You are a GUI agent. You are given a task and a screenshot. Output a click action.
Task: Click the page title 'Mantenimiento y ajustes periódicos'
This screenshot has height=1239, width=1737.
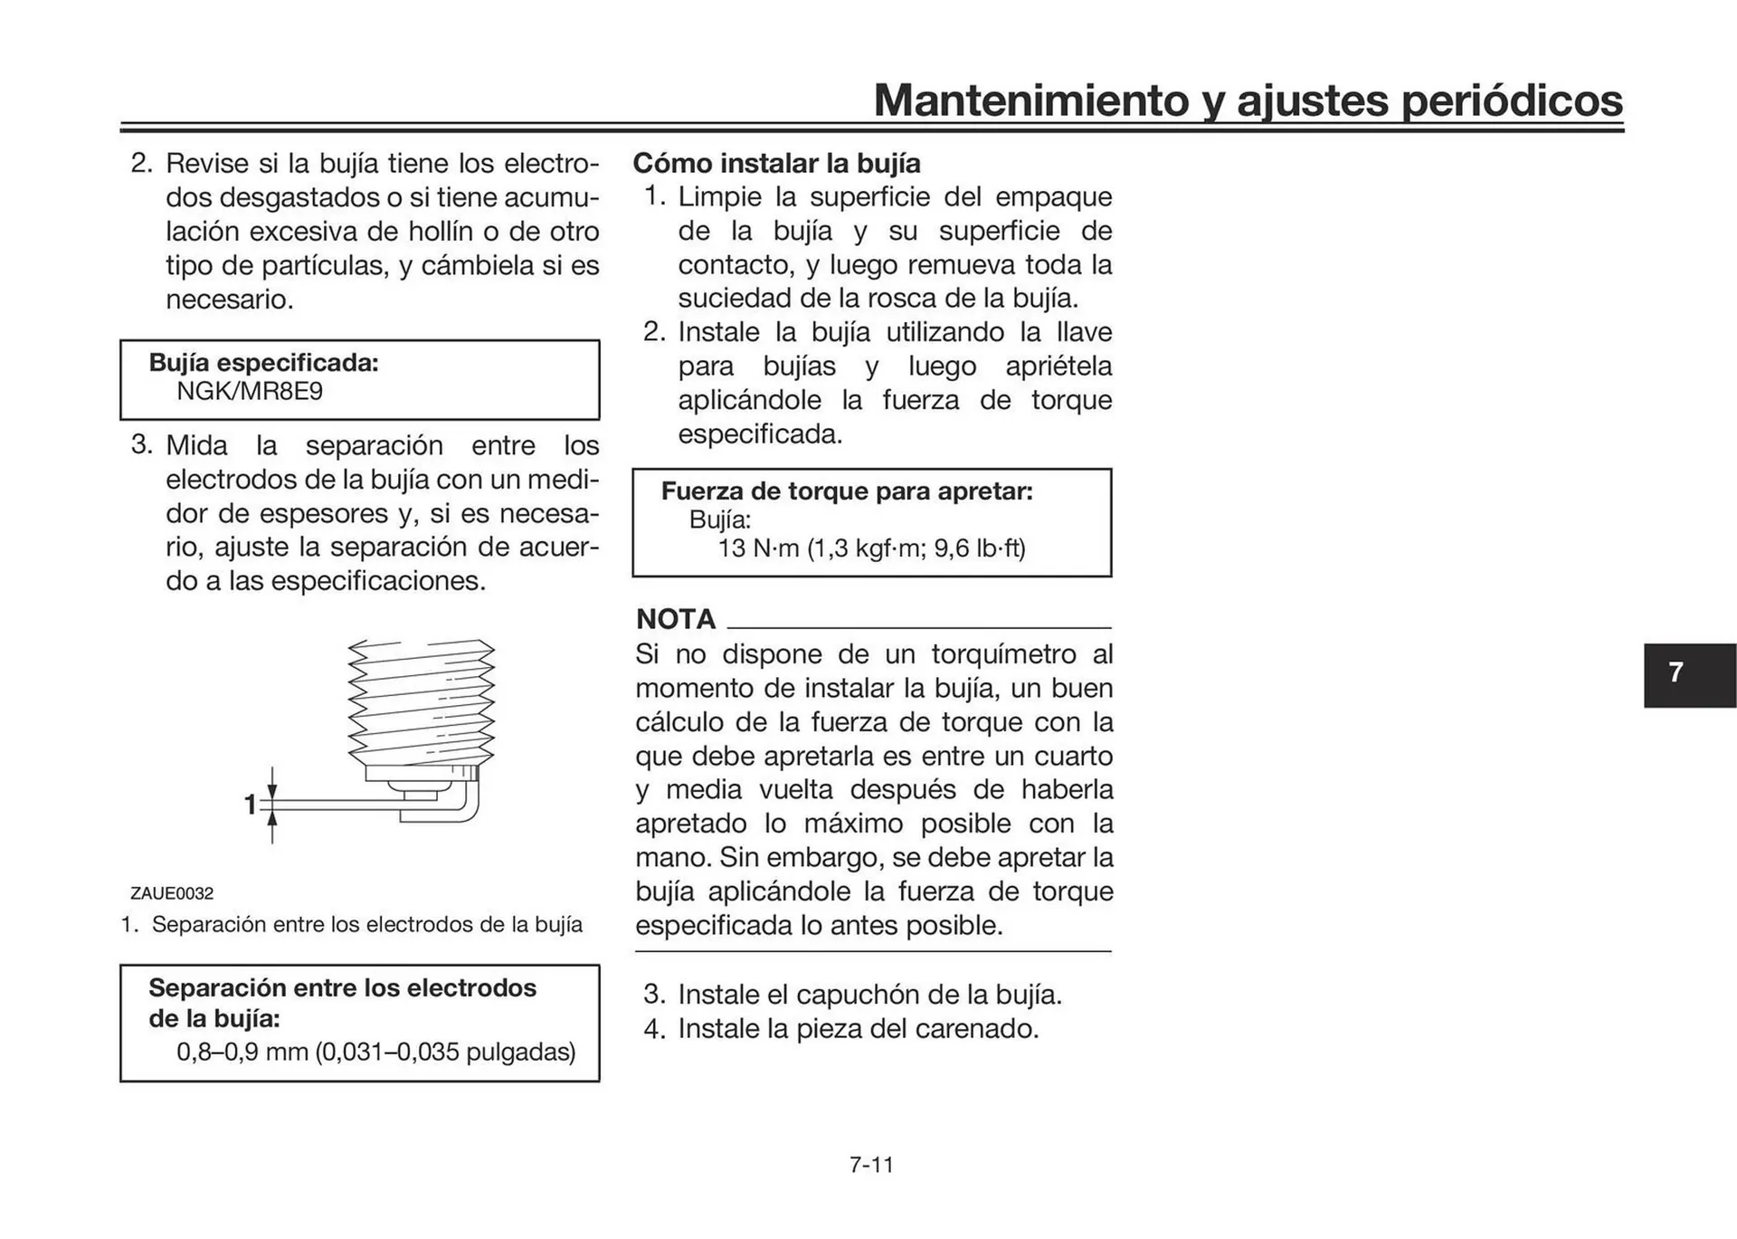[x=1248, y=100]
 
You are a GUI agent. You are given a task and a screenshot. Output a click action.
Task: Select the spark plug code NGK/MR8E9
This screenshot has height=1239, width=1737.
[x=250, y=392]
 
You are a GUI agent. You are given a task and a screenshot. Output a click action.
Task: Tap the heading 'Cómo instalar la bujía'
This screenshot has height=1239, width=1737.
[x=776, y=164]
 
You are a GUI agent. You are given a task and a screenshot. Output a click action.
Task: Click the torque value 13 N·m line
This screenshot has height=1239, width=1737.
[x=871, y=548]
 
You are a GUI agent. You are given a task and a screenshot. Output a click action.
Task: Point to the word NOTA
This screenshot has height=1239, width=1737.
[x=676, y=619]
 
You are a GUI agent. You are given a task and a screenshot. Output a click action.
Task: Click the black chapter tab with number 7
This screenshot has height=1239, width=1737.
[x=1688, y=674]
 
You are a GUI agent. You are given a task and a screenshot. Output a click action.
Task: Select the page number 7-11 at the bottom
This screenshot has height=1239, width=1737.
[x=871, y=1165]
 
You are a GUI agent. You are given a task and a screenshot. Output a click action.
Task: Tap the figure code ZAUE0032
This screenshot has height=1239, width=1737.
[x=172, y=893]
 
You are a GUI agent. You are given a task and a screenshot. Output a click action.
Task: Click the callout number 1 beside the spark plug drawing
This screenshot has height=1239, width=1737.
[x=251, y=805]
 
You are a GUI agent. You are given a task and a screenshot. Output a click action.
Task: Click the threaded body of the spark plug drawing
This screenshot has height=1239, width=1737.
[x=421, y=701]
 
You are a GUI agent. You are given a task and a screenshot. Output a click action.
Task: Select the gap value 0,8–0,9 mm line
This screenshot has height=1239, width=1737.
[x=375, y=1052]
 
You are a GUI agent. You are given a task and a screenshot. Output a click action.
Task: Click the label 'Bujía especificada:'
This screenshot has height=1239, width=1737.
[x=263, y=363]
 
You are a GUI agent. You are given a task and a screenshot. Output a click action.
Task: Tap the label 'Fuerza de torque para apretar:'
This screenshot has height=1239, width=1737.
[x=847, y=491]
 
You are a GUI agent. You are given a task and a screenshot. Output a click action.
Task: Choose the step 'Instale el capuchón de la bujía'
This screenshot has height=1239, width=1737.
[x=868, y=995]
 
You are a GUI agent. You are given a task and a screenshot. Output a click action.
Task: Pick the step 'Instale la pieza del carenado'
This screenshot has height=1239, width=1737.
[x=858, y=1029]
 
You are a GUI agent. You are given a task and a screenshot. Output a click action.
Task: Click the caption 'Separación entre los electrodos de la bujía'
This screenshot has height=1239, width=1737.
[x=366, y=925]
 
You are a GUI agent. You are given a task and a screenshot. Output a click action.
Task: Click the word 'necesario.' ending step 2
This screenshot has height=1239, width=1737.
[x=230, y=300]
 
